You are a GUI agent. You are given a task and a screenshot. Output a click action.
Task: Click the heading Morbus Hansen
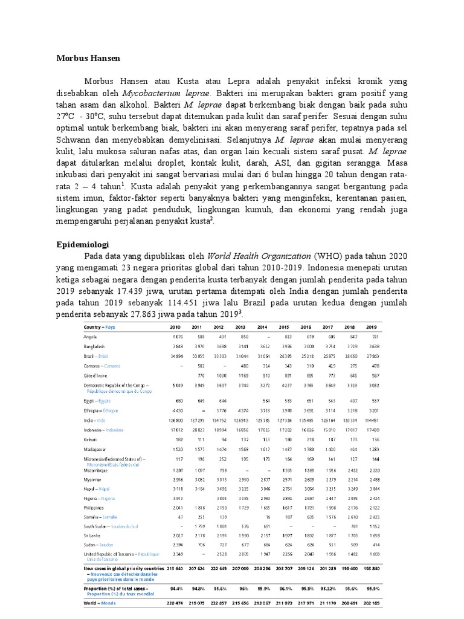88,59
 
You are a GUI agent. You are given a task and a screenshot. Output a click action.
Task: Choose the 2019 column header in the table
370,327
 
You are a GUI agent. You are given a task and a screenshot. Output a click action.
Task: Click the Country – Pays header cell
99,327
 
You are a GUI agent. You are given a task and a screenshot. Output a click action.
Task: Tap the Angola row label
91,336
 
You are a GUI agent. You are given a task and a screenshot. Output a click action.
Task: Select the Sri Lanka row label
92,536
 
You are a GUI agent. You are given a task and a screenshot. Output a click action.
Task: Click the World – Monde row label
98,603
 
